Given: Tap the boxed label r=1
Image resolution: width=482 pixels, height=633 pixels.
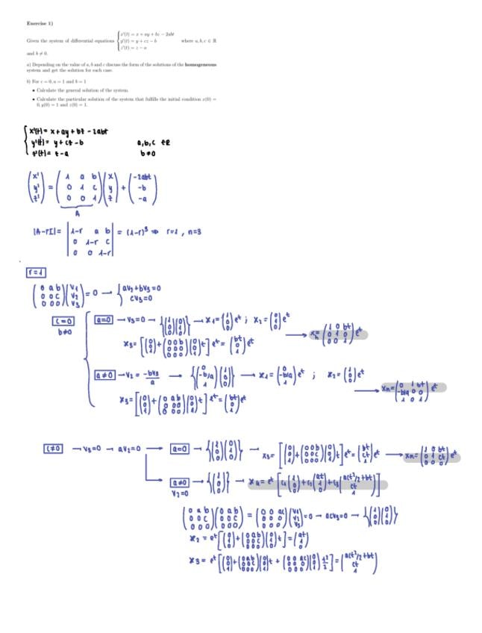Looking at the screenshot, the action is (36, 271).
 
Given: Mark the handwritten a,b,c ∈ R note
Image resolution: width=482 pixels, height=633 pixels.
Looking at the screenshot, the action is (159, 142).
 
